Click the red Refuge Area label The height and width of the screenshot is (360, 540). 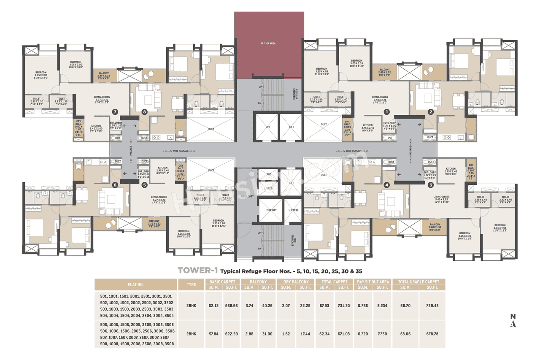coord(269,43)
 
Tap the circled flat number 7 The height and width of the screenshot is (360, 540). coord(115,112)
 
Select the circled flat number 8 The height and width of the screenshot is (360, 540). coord(145,112)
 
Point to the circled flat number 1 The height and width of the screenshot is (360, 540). coord(386,112)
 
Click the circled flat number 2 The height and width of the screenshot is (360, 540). coord(430,112)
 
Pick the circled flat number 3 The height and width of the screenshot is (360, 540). coord(430,184)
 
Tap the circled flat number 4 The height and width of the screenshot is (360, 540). coord(386,184)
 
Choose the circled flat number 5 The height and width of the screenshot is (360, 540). coord(145,184)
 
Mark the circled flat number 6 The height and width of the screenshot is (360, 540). coord(115,184)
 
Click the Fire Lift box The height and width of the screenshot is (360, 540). coord(268,210)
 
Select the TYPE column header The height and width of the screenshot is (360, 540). coord(191,284)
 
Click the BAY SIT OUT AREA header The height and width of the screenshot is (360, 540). coord(373,282)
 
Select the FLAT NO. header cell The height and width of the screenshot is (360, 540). coord(136,284)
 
